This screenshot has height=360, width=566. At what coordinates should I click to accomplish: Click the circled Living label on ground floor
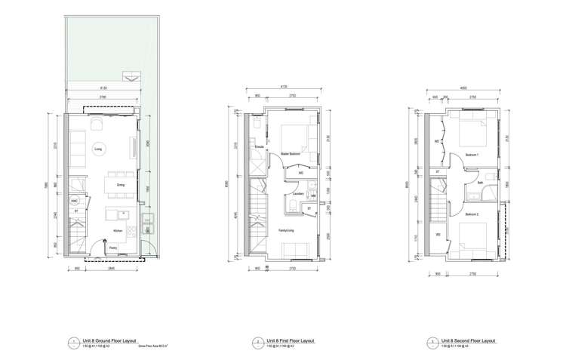coord(98,149)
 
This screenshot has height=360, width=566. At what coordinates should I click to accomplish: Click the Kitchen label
coord(117,231)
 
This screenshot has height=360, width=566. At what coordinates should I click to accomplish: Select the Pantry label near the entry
coord(112,248)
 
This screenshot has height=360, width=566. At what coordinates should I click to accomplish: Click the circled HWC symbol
coord(75,202)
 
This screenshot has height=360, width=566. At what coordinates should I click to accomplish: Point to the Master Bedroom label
coord(291,154)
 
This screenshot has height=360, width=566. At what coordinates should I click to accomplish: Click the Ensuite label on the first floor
coord(259,146)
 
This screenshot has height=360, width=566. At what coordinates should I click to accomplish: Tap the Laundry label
coord(299,194)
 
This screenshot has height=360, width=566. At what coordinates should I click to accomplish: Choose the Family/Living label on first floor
coord(288,230)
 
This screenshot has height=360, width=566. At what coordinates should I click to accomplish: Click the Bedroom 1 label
coord(473,155)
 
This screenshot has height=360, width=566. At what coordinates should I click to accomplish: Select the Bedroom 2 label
coord(473,214)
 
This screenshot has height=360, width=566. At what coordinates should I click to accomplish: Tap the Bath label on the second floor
coord(481,182)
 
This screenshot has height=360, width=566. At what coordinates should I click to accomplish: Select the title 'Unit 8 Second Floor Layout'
coord(471,340)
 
